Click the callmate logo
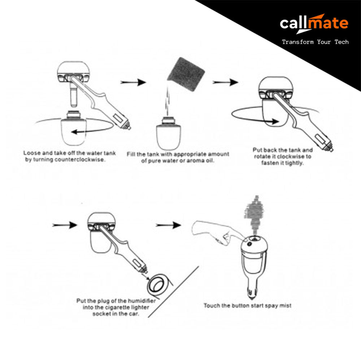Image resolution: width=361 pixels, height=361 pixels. point(314,23)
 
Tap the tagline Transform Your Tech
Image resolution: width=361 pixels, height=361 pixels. point(315,42)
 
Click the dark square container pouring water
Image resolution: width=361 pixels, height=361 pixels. point(186,74)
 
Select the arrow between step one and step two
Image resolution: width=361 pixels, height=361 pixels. point(133,82)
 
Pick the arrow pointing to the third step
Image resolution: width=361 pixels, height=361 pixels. point(225,82)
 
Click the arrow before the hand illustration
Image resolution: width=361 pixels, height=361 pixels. point(168,225)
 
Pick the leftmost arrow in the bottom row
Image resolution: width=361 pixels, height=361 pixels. point(65,225)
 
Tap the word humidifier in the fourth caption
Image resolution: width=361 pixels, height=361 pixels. point(142,301)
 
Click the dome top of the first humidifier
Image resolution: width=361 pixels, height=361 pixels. point(73,67)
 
